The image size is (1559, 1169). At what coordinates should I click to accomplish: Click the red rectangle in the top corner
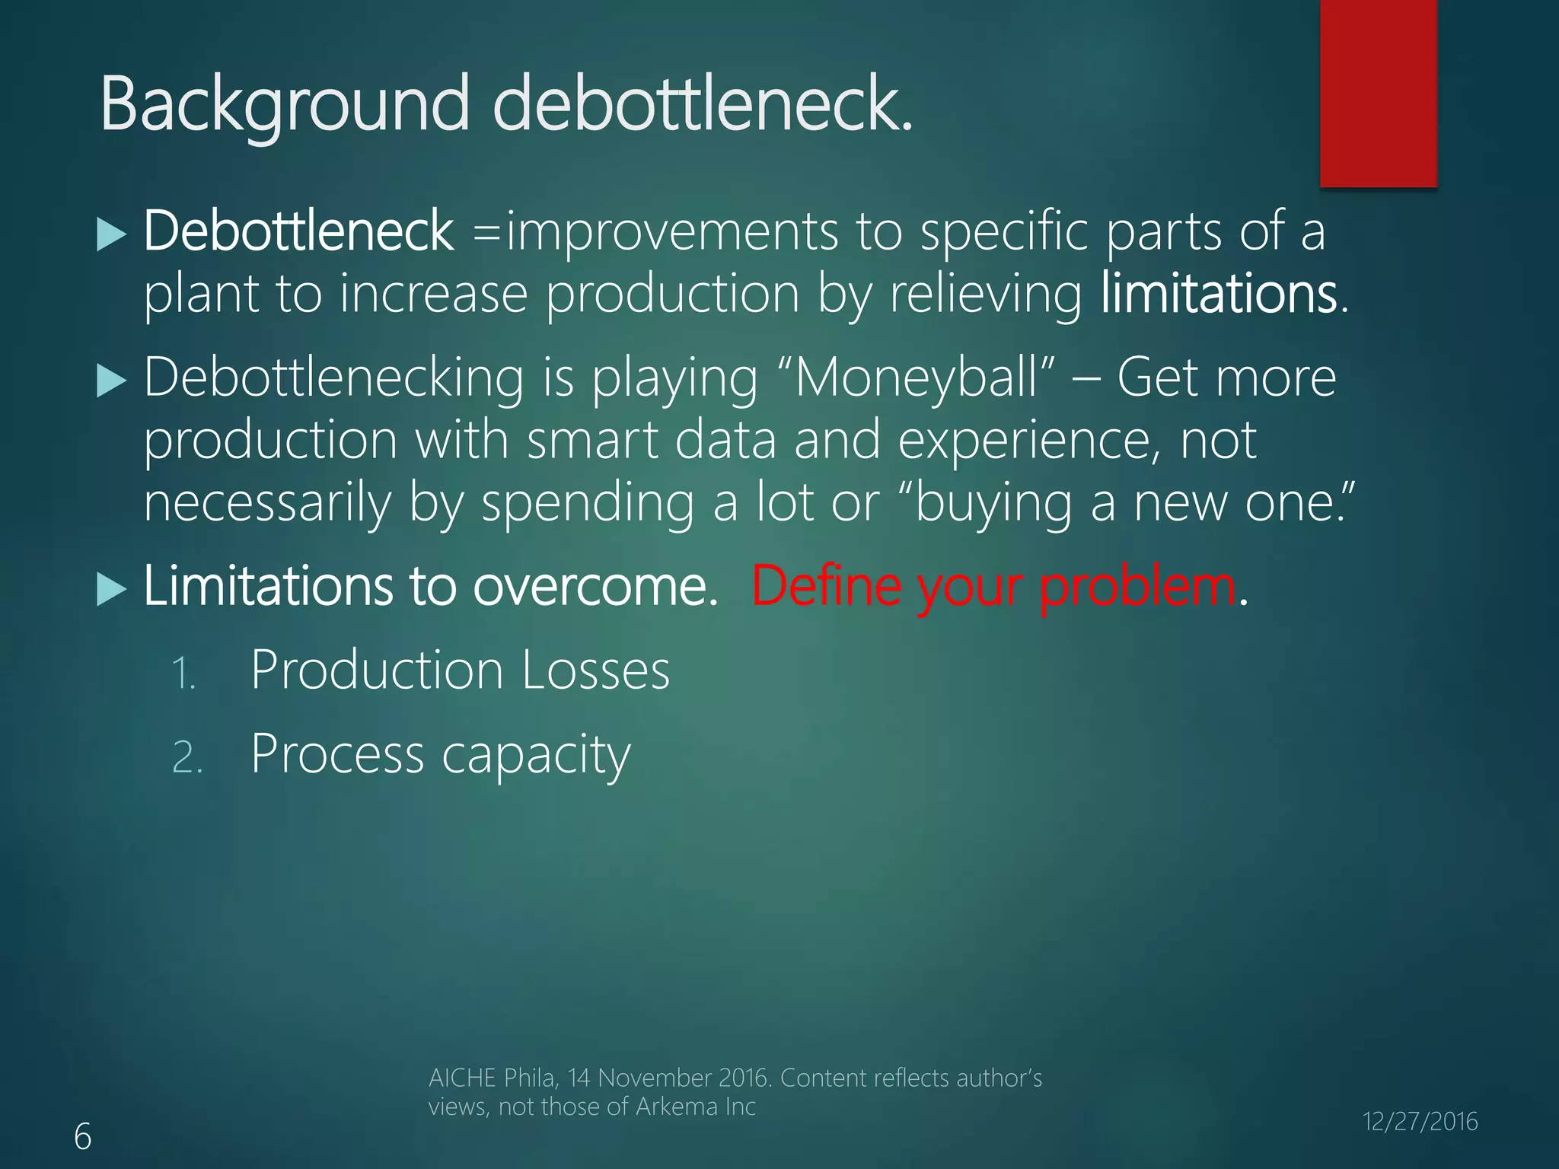(x=1378, y=93)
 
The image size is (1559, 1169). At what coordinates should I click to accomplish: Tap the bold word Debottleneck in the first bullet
(x=298, y=231)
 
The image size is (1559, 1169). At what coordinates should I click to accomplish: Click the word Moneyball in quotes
(x=917, y=377)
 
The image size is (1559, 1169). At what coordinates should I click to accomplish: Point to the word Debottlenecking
(x=333, y=377)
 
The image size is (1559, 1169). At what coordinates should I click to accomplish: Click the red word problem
(x=1137, y=588)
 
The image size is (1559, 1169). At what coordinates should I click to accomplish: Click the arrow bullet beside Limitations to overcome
(x=111, y=590)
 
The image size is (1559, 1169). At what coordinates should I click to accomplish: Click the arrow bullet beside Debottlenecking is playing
(x=111, y=381)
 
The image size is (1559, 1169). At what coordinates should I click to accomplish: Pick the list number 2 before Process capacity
(x=187, y=758)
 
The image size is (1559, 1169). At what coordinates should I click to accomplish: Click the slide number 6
(x=82, y=1137)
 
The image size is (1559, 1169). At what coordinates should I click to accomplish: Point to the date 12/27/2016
(x=1420, y=1122)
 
